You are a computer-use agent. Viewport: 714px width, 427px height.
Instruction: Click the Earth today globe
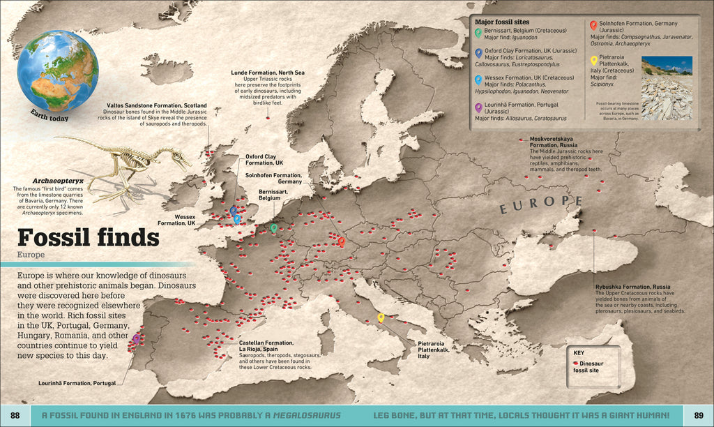click(57, 71)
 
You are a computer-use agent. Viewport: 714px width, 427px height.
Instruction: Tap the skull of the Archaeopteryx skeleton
click(180, 158)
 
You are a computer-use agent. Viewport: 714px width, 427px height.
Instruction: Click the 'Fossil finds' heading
click(88, 239)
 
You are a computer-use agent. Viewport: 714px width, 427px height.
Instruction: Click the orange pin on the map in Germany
click(342, 241)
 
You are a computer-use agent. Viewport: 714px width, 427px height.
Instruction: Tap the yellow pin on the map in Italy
click(381, 318)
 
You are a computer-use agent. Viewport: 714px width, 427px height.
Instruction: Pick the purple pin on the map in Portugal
click(136, 338)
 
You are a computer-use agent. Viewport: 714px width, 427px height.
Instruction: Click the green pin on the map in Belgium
click(273, 227)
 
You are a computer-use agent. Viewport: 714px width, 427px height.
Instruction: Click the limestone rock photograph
click(667, 88)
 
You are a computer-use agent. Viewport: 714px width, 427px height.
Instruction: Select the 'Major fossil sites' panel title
click(502, 22)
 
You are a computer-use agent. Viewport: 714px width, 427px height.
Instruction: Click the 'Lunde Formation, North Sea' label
click(268, 72)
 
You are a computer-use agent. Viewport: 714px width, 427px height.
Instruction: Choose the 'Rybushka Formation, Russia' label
click(632, 287)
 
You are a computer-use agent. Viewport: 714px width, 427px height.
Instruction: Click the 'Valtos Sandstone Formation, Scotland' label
click(146, 105)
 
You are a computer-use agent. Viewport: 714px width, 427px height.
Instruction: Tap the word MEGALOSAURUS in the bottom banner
click(306, 416)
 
